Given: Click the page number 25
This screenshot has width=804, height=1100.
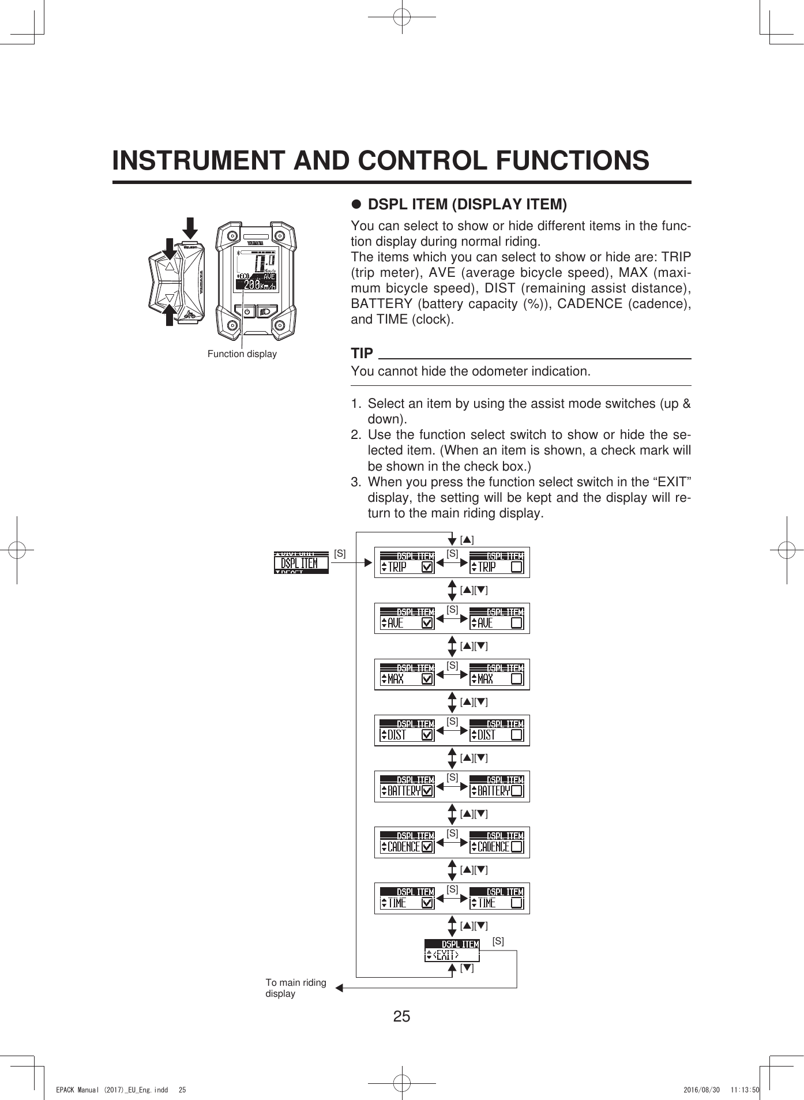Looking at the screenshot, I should coord(401,1016).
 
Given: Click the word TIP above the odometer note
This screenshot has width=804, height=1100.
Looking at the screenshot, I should coord(362,353).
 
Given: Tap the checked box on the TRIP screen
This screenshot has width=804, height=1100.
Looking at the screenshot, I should coord(427,568).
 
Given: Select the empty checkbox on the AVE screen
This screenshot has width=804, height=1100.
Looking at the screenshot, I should coord(517,624).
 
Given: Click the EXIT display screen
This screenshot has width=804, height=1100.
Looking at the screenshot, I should coord(452,950).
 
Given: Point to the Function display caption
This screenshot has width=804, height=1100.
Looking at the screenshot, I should coord(242,354).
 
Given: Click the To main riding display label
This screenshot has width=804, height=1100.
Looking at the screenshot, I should coord(295,988).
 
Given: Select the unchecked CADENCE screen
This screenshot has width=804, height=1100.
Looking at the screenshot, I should coord(497,842).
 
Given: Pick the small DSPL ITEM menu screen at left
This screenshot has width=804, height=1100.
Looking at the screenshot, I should coord(301,562).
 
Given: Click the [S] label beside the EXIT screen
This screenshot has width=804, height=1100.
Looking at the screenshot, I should coord(498,941).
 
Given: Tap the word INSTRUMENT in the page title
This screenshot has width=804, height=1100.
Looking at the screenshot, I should coord(199,160).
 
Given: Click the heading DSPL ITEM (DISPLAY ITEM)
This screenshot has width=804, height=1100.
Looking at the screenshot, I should coord(467,204).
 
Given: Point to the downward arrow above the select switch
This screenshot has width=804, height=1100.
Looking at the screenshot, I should coord(190,228).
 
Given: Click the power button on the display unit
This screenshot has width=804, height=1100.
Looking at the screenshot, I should coord(247,311).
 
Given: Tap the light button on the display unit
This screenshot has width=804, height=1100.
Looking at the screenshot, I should coord(266,311).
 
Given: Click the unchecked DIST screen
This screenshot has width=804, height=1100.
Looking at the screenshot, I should coord(497,730).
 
